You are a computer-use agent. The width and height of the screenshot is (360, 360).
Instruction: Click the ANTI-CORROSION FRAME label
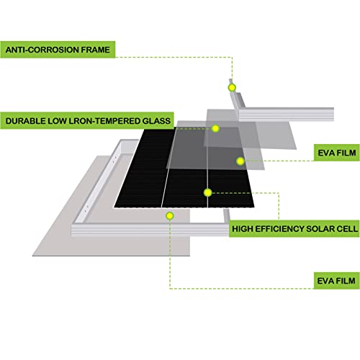(58, 50)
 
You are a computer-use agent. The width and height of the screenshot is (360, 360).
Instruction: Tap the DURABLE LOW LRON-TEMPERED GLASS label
(87, 121)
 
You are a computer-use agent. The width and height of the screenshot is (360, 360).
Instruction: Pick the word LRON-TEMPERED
(104, 121)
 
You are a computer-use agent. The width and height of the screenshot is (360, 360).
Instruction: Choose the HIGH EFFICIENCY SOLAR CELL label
(294, 229)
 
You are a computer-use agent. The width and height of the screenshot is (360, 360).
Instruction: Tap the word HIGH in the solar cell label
(243, 229)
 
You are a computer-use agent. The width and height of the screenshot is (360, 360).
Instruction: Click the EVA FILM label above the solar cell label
(337, 153)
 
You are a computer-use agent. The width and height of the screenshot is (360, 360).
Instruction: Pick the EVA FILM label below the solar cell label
(336, 281)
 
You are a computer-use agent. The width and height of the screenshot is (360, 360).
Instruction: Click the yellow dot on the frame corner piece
(232, 88)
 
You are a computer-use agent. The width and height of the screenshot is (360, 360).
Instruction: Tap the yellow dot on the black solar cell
(207, 192)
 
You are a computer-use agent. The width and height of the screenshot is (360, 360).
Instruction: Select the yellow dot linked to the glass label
(215, 129)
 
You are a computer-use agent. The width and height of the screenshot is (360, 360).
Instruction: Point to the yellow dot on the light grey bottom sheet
(170, 216)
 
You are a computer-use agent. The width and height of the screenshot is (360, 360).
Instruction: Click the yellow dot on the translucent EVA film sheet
(240, 161)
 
